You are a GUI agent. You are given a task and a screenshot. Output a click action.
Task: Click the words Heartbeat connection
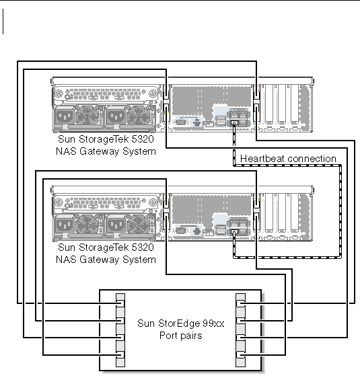[288, 159]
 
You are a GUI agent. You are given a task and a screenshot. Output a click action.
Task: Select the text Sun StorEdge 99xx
[181, 323]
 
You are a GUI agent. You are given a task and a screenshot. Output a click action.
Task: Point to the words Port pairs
[181, 336]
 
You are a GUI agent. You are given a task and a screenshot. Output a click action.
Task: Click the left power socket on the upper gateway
[65, 116]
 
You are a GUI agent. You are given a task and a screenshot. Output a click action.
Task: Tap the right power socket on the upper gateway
[116, 116]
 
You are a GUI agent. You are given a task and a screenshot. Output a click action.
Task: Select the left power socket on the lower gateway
[65, 225]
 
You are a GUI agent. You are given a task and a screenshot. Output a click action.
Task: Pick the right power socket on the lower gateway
[116, 225]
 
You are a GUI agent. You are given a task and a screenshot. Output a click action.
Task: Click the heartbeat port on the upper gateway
[234, 123]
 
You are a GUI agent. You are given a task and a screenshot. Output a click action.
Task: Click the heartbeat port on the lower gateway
[234, 231]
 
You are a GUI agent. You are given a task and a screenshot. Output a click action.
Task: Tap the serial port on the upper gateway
[180, 122]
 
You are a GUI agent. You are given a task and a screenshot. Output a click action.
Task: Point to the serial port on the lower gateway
[180, 231]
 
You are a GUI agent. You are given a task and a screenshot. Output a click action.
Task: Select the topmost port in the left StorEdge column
[120, 297]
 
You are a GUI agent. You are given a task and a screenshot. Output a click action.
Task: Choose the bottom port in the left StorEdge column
[120, 362]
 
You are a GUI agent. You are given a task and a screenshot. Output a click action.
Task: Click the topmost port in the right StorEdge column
[240, 297]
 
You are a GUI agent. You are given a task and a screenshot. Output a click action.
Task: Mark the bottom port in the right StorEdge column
[240, 362]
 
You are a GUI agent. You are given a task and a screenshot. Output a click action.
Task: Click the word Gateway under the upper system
[100, 151]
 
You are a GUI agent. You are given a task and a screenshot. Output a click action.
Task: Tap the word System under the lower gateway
[139, 260]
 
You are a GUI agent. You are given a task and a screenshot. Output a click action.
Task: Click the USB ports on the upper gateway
[221, 121]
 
